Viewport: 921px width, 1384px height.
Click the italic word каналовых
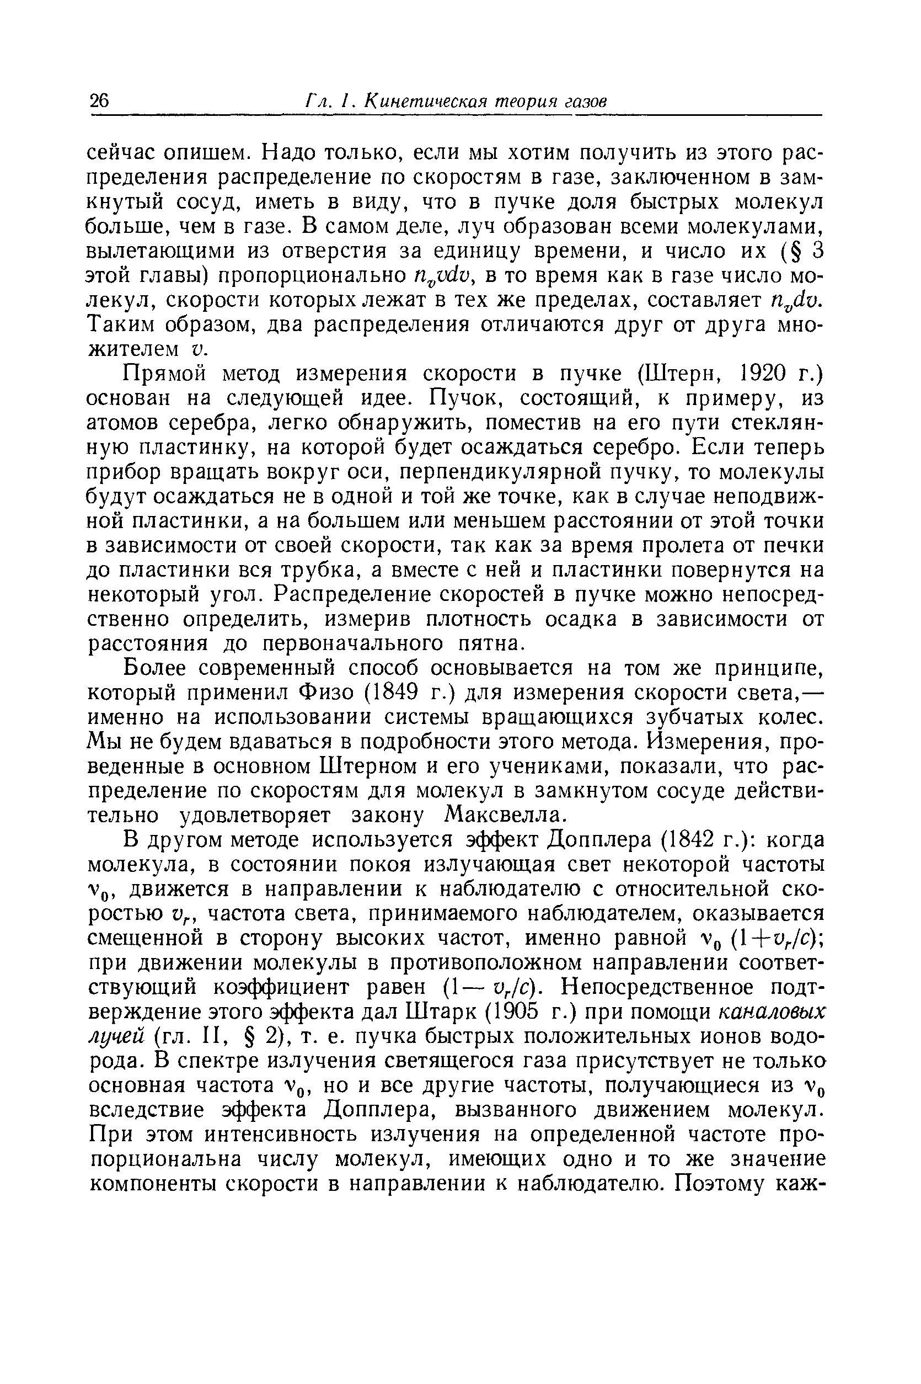[762, 1014]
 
